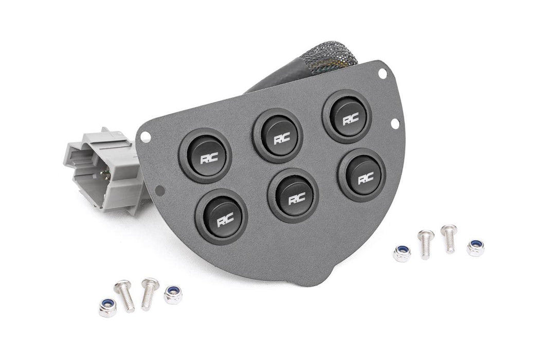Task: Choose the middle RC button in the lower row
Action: [293, 195]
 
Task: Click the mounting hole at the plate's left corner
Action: [146, 136]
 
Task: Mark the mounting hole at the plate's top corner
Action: [382, 74]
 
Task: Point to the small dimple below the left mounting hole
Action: [160, 190]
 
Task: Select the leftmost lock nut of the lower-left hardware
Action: [107, 307]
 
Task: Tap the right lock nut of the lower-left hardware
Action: [172, 294]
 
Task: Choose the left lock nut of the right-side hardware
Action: [401, 253]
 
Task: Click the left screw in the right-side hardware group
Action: [425, 244]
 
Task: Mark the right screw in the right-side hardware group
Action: [449, 238]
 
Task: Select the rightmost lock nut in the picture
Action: [475, 248]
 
